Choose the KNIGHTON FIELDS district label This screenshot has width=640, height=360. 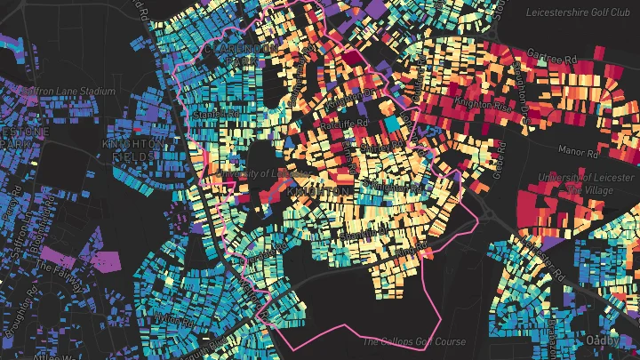(x=133, y=149)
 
